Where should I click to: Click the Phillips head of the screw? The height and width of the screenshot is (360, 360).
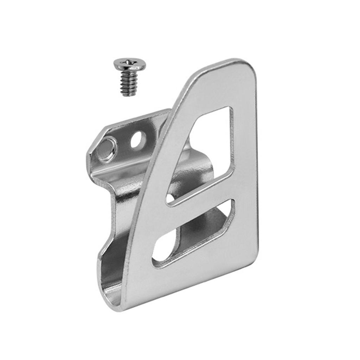[x=129, y=64]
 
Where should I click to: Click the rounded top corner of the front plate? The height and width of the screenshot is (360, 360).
[x=243, y=67]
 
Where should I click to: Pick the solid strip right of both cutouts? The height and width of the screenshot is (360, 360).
[x=244, y=176]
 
